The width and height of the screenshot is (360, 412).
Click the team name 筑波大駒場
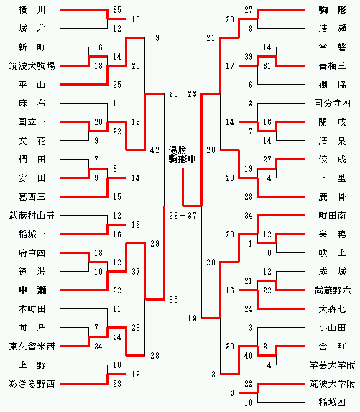click(x=32, y=65)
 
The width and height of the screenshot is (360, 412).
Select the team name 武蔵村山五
click(x=32, y=216)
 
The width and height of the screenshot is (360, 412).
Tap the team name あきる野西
click(x=32, y=384)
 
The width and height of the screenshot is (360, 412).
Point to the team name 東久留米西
click(x=32, y=347)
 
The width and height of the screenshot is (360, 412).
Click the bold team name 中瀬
click(x=32, y=290)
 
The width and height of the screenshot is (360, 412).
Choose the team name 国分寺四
click(x=333, y=104)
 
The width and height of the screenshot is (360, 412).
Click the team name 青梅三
click(x=333, y=65)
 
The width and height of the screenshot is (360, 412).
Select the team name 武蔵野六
click(x=333, y=290)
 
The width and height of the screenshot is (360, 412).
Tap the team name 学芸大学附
click(x=333, y=365)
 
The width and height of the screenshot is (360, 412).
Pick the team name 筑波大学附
click(x=333, y=384)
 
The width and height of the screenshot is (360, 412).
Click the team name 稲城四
click(x=333, y=402)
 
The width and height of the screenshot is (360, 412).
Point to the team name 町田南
click(x=333, y=216)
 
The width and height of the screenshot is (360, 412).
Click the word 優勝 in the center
click(x=177, y=150)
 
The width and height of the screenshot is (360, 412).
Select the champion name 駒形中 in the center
click(x=183, y=159)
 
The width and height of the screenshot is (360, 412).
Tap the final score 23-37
click(x=183, y=216)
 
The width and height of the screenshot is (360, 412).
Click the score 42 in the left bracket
click(x=154, y=150)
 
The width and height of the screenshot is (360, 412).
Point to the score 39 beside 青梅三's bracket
click(x=249, y=57)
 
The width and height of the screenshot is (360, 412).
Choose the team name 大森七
click(x=333, y=308)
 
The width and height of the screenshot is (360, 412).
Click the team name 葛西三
click(x=32, y=196)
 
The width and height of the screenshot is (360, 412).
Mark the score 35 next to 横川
click(x=117, y=10)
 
